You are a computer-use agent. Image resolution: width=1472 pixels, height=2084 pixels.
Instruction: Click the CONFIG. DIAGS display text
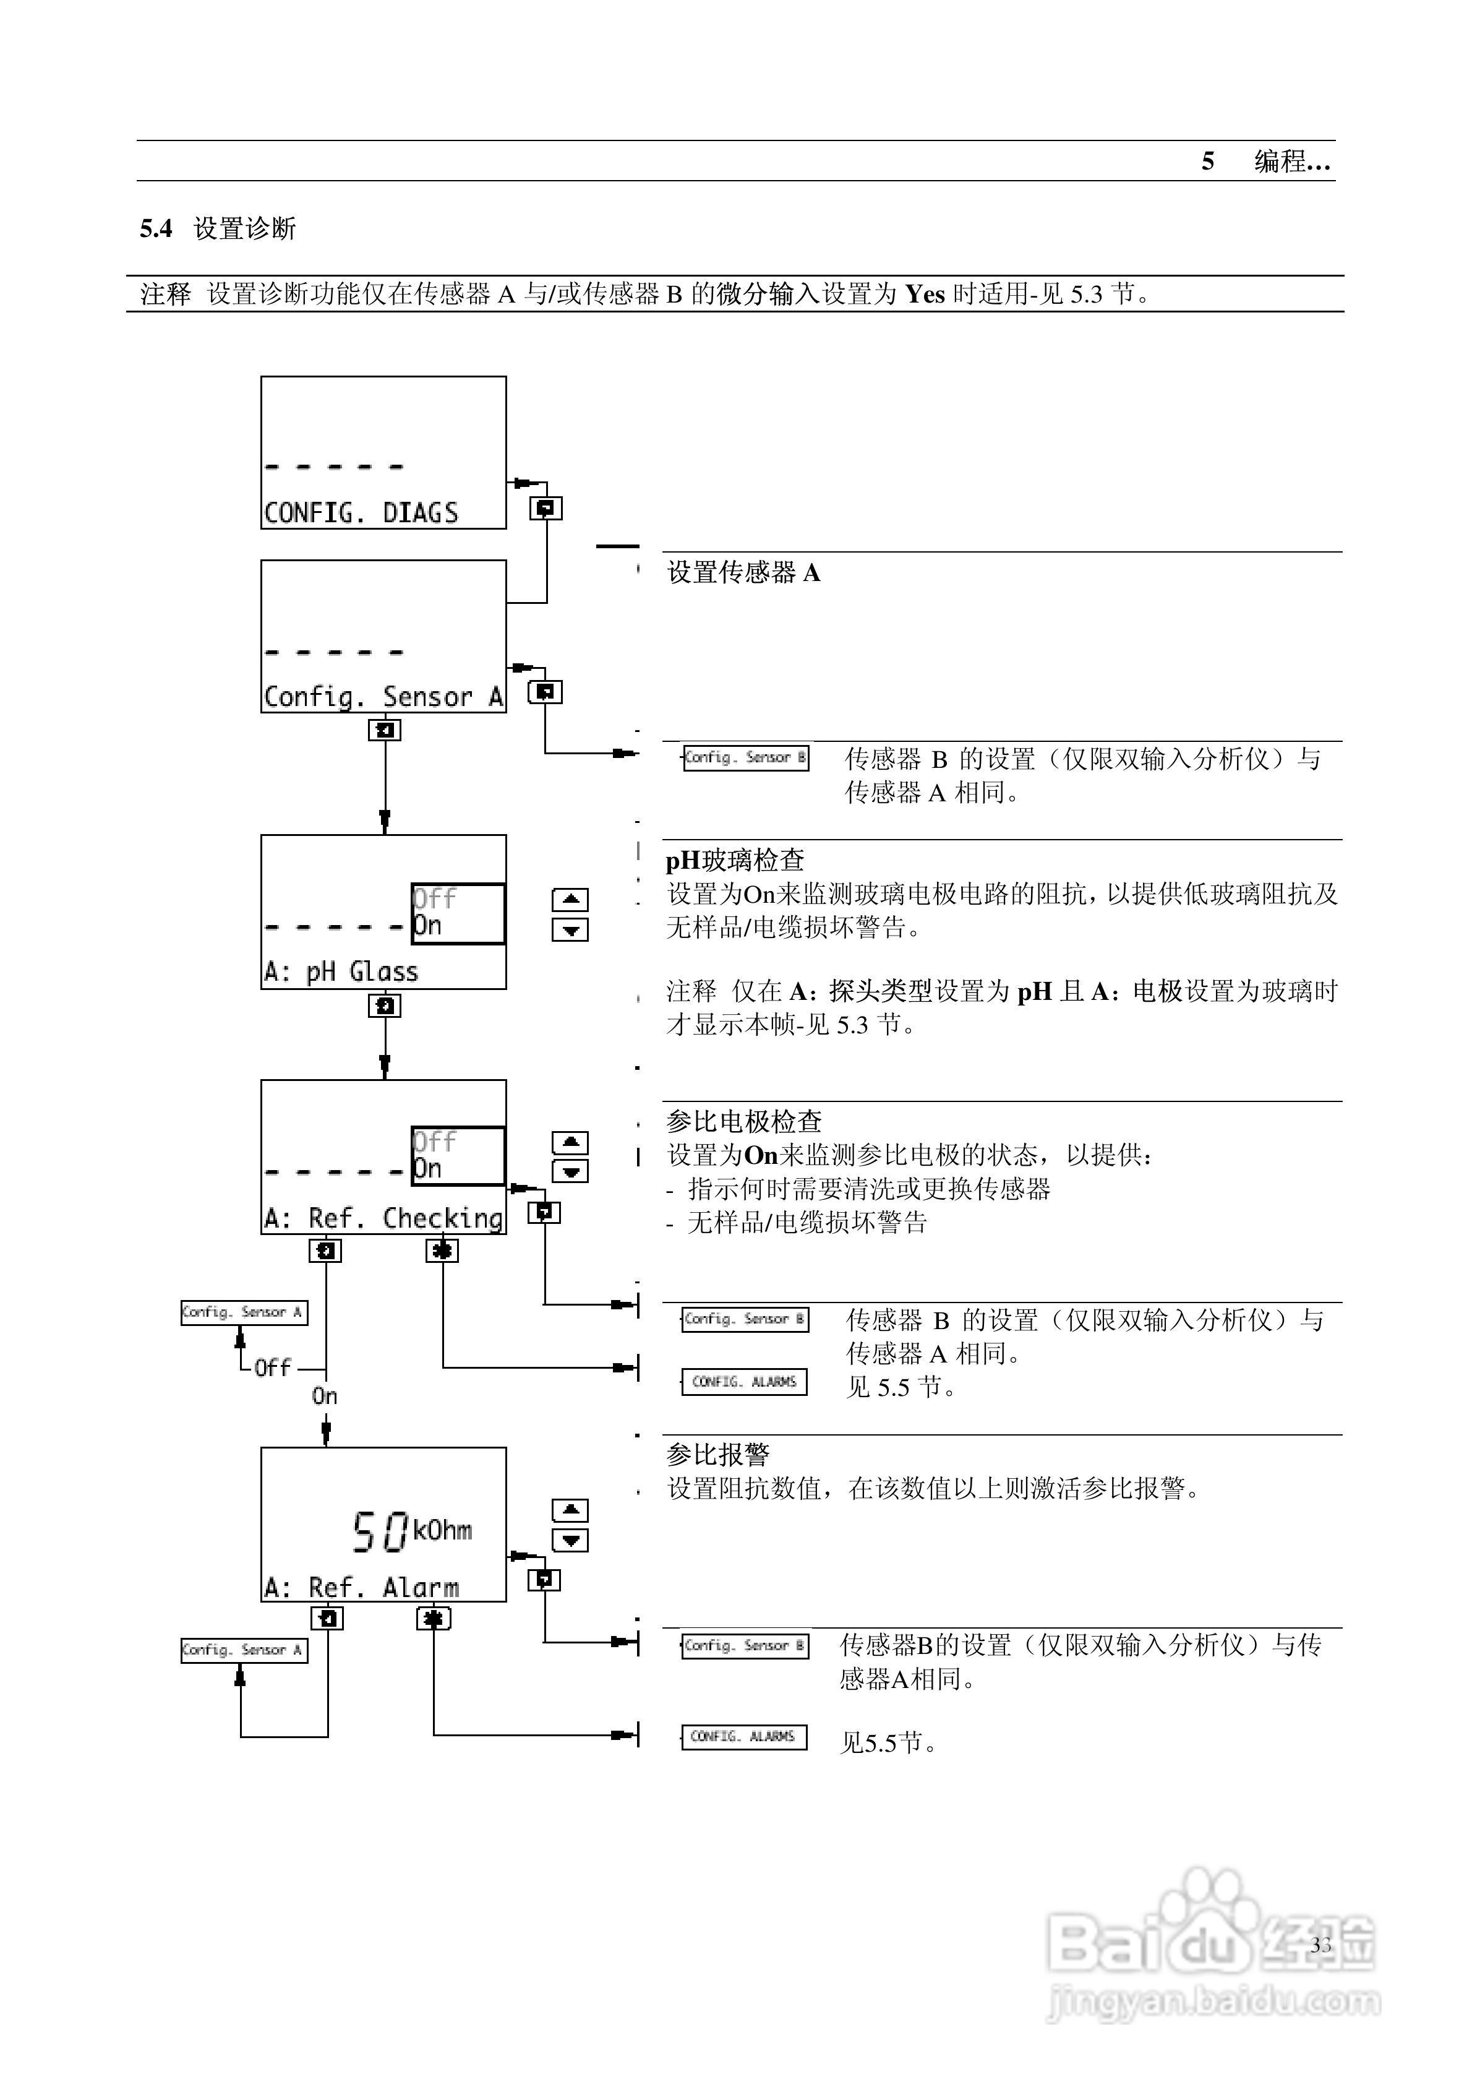tap(361, 513)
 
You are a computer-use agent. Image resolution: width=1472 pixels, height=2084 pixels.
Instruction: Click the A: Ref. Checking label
tap(382, 1218)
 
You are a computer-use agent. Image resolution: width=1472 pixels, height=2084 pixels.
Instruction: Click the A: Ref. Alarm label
tap(361, 1588)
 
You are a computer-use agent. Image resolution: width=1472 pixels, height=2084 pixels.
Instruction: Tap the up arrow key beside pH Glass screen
tap(570, 900)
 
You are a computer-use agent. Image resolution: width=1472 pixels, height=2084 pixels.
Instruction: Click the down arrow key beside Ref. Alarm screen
tap(570, 1540)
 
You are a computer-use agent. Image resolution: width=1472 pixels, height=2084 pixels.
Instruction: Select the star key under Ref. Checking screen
tap(442, 1251)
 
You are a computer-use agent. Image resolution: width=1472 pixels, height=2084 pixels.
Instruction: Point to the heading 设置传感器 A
tap(743, 573)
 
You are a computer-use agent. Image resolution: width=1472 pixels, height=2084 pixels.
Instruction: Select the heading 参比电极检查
tap(743, 1122)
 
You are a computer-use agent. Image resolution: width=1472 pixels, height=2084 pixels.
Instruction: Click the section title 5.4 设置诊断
tap(218, 229)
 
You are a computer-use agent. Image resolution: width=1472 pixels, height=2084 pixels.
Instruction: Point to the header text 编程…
tap(1291, 161)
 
